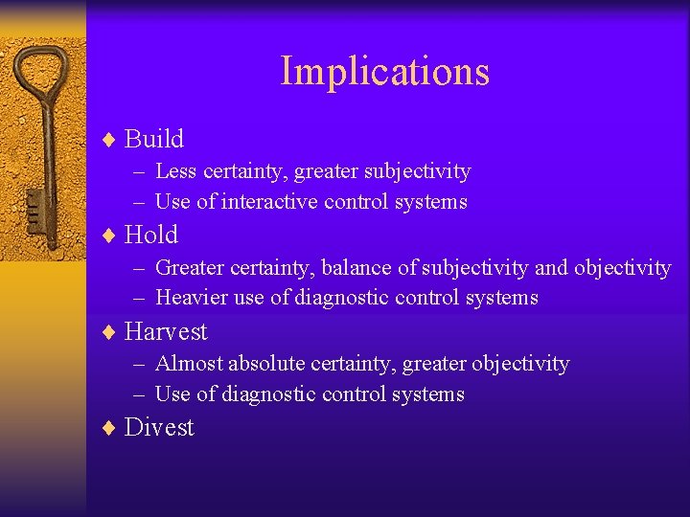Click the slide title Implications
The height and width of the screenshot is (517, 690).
tap(384, 72)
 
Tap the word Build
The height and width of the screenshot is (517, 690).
tap(154, 139)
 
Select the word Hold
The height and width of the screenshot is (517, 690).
tap(151, 235)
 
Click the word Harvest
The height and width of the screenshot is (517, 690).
tap(166, 331)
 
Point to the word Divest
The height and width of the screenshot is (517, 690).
tap(159, 427)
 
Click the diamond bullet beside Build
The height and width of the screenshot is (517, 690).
tap(108, 140)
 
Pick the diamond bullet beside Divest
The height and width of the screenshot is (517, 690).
tap(108, 428)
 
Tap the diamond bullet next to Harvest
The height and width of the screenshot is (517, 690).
tap(108, 332)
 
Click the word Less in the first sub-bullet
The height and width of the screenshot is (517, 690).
tap(175, 171)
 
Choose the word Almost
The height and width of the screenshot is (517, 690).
tap(187, 364)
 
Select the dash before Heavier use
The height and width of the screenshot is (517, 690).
tap(140, 298)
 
